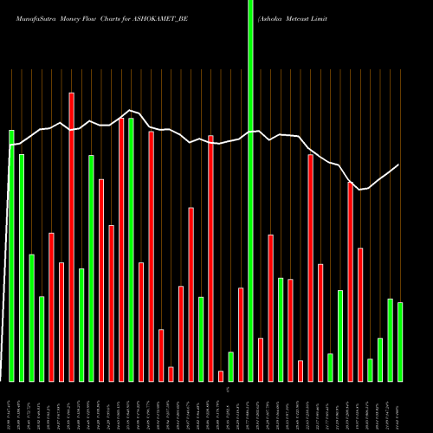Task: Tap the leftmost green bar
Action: (x=12, y=255)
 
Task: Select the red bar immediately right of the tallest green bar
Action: (x=261, y=359)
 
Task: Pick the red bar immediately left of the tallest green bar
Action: (x=241, y=334)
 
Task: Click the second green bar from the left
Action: (x=22, y=268)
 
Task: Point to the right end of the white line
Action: (x=399, y=165)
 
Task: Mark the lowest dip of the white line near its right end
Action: (x=359, y=190)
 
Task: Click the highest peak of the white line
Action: (x=131, y=110)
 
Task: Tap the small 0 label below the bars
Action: (x=228, y=391)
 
